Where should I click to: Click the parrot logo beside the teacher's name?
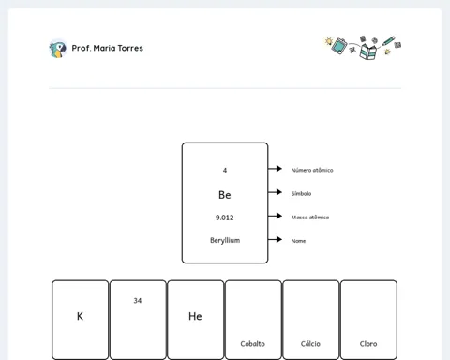pyautogui.click(x=58, y=49)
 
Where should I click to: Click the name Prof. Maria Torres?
pyautogui.click(x=108, y=48)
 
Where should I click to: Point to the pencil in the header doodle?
pyautogui.click(x=388, y=41)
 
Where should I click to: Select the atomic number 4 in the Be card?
pyautogui.click(x=225, y=171)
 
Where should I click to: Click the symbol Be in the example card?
pyautogui.click(x=225, y=195)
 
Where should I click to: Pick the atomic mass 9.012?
pyautogui.click(x=225, y=217)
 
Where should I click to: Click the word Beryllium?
pyautogui.click(x=225, y=240)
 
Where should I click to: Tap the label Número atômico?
pyautogui.click(x=312, y=170)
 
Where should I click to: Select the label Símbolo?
pyautogui.click(x=301, y=194)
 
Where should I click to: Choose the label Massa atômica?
pyautogui.click(x=310, y=217)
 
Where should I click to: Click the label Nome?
pyautogui.click(x=298, y=241)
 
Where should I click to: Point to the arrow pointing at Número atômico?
pyautogui.click(x=275, y=169)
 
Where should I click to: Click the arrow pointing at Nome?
pyautogui.click(x=275, y=239)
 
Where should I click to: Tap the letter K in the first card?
pyautogui.click(x=80, y=316)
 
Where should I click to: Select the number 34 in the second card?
pyautogui.click(x=138, y=301)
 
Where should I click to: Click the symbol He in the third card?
pyautogui.click(x=195, y=316)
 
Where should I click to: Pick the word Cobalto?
pyautogui.click(x=253, y=344)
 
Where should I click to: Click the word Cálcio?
pyautogui.click(x=310, y=343)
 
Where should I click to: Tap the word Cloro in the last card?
pyautogui.click(x=368, y=344)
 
